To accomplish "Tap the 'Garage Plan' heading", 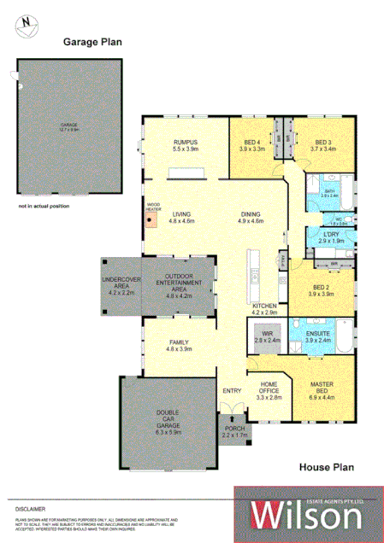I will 92,40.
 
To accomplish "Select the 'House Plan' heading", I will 326,467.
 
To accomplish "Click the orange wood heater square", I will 152,220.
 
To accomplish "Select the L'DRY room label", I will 331,237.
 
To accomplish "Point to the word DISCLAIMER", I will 29,507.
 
